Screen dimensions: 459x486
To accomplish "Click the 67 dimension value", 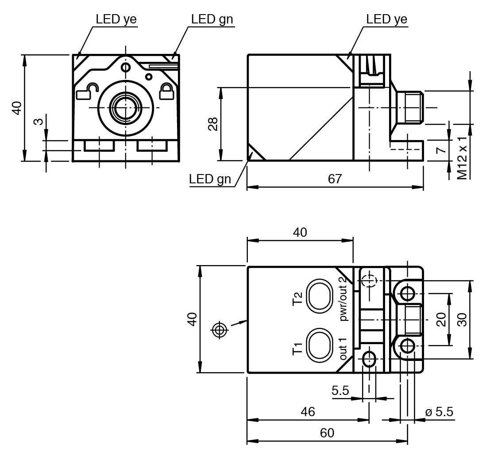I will (x=335, y=179).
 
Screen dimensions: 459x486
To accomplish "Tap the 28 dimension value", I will (x=212, y=124).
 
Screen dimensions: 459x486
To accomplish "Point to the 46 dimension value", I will (x=308, y=412).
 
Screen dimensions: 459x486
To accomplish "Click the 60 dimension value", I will (x=327, y=433).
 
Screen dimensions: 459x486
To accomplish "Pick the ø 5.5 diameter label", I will (x=439, y=412).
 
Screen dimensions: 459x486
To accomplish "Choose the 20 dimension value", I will (x=441, y=319).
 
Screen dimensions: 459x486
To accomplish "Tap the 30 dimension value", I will (x=462, y=319).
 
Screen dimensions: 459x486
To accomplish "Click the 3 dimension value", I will (x=39, y=120).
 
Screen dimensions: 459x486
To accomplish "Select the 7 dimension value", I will (x=440, y=150).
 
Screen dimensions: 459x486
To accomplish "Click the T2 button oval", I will (x=320, y=295).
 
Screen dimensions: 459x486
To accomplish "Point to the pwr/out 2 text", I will (x=343, y=299).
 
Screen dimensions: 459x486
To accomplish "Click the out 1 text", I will (x=343, y=348).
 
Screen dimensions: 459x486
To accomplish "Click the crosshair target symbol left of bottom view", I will (x=220, y=330).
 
